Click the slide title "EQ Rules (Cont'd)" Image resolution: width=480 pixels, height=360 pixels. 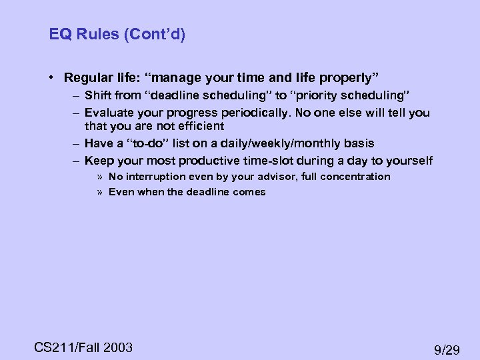pyautogui.click(x=117, y=34)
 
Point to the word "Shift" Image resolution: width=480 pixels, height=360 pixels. pyautogui.click(x=99, y=95)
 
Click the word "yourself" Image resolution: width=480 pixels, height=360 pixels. pyautogui.click(x=408, y=161)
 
